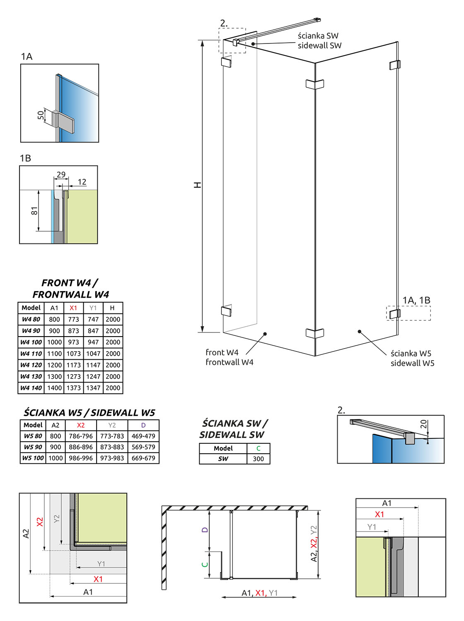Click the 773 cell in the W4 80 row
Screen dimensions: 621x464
point(73,319)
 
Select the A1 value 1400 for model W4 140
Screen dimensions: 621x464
point(54,388)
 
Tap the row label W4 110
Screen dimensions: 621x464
point(31,354)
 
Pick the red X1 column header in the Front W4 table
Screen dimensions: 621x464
point(73,308)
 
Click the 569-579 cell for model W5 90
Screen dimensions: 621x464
point(143,447)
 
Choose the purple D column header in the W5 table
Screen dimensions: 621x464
point(143,425)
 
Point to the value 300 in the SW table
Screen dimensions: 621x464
point(258,459)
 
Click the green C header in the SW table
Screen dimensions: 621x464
point(258,448)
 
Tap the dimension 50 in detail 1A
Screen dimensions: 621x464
point(41,115)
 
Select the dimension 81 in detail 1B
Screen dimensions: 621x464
point(34,211)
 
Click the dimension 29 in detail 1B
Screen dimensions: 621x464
point(61,174)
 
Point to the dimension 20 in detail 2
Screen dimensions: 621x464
point(423,424)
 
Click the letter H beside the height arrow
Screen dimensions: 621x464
point(198,185)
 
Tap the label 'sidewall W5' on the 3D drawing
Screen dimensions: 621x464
point(412,363)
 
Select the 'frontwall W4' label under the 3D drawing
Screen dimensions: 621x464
point(229,362)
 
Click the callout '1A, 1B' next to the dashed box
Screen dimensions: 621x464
point(416,300)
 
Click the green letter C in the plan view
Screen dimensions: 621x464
point(205,564)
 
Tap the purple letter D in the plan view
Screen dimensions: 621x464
point(205,530)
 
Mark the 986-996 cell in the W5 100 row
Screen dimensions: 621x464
point(81,458)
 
